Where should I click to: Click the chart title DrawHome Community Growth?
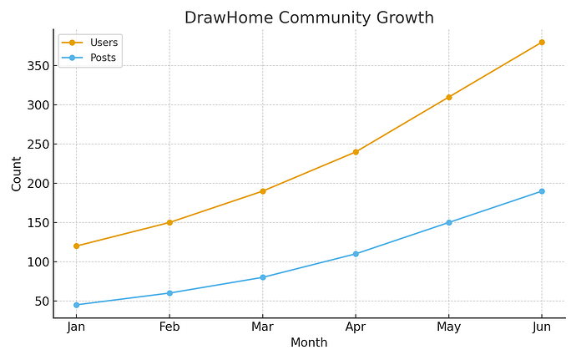[x=309, y=18]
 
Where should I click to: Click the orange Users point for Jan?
[x=76, y=246]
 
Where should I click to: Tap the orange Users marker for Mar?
[x=262, y=191]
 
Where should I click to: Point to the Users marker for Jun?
[x=542, y=43]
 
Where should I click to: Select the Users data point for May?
[x=448, y=97]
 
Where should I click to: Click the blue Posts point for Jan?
[x=76, y=305]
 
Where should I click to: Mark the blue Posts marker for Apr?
[x=356, y=254]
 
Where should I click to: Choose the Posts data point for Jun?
[x=542, y=191]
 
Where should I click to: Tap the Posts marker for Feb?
[x=169, y=293]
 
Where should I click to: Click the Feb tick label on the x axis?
[x=169, y=327]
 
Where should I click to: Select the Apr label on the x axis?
[x=356, y=327]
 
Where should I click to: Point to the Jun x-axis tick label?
[x=542, y=327]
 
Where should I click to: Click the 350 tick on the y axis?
[x=36, y=66]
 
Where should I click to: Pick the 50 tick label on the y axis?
[x=39, y=302]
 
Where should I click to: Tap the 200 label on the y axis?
[x=36, y=184]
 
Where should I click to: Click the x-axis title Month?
[x=309, y=343]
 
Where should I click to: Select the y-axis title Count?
[x=17, y=173]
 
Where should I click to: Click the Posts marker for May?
[x=448, y=223]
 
